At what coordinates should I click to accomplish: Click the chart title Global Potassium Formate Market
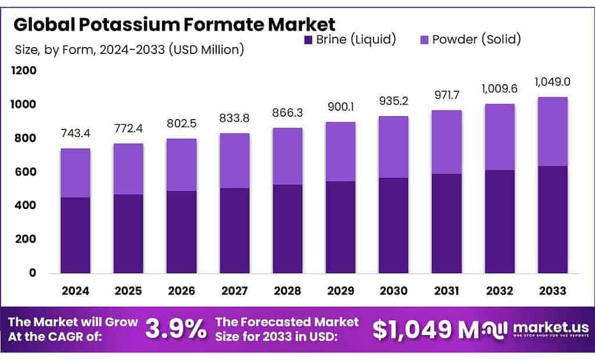tap(174, 24)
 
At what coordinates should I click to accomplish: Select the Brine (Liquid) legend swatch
tap(308, 40)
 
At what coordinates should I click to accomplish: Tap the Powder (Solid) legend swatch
tap(424, 40)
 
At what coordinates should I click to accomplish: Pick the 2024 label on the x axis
tap(76, 289)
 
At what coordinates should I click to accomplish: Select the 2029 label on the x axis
tap(340, 289)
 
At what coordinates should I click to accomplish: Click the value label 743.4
tap(76, 134)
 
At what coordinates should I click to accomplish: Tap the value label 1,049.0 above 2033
tap(551, 82)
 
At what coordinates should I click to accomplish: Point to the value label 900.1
tap(340, 107)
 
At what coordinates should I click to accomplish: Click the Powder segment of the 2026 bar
tap(181, 165)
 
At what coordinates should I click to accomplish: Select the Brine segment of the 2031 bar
tap(446, 223)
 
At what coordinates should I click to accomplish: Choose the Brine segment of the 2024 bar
tap(76, 235)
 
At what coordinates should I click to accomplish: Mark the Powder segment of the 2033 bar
tap(552, 132)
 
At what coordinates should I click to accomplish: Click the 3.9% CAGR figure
tap(175, 329)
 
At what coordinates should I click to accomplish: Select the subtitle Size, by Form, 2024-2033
tap(128, 49)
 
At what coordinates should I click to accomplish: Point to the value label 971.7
tap(446, 95)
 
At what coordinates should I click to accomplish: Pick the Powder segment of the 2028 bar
tap(288, 156)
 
